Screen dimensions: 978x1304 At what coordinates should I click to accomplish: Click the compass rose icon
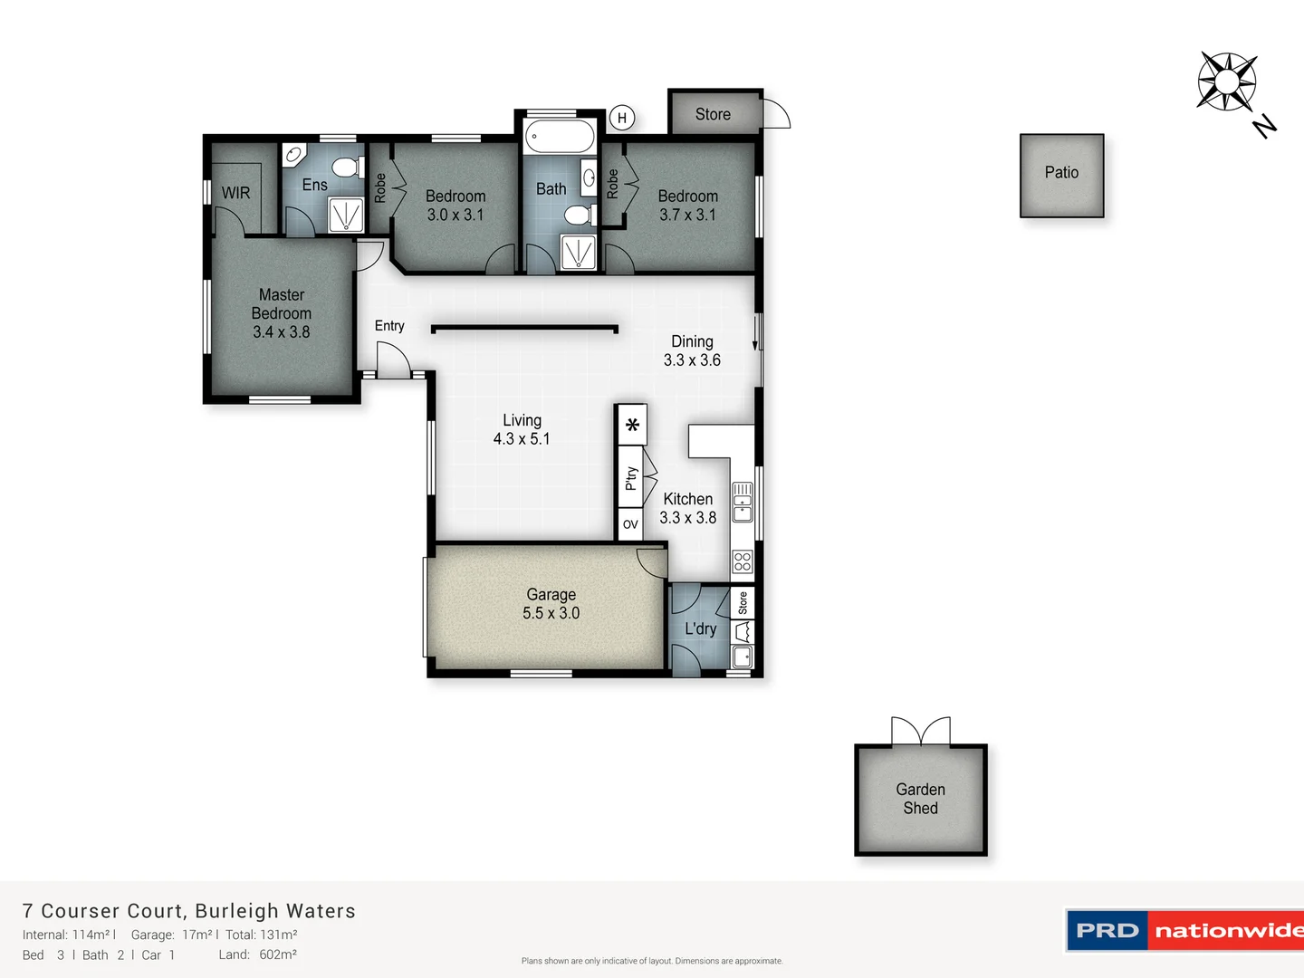click(1226, 81)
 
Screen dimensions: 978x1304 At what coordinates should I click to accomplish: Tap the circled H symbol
click(622, 118)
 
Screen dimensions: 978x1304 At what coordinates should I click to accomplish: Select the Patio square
click(1061, 175)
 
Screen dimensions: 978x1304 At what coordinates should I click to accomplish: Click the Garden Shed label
click(920, 799)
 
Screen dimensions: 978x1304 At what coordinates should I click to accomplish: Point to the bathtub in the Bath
click(560, 138)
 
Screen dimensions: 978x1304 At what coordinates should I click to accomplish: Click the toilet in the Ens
click(344, 167)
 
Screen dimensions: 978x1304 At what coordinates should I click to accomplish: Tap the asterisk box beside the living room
click(632, 424)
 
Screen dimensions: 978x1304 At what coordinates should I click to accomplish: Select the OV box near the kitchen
click(630, 524)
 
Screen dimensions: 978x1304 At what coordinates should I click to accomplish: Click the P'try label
click(631, 478)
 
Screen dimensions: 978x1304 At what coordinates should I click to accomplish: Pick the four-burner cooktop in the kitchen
click(743, 561)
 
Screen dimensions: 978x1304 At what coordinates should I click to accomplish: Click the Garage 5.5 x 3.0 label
click(551, 604)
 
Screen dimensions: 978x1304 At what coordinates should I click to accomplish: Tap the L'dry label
click(700, 628)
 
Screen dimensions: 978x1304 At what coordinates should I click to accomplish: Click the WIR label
click(235, 193)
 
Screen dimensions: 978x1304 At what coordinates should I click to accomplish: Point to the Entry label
click(389, 326)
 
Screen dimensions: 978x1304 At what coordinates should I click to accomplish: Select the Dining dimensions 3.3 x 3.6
click(692, 360)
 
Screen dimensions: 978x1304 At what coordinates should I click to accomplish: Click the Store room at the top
click(714, 114)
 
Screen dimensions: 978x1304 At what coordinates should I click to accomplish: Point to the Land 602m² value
click(277, 954)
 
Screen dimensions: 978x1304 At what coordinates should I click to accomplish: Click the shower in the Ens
click(345, 216)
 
